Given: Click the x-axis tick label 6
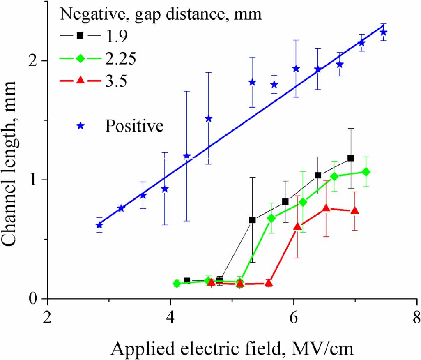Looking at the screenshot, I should click(x=294, y=317).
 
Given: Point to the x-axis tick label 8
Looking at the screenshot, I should click(x=416, y=317).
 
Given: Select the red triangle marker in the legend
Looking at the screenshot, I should click(x=81, y=81).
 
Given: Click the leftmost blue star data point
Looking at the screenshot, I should click(x=99, y=225).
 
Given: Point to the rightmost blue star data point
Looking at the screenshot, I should click(x=383, y=32).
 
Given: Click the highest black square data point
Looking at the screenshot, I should click(x=350, y=158).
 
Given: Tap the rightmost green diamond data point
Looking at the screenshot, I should click(x=366, y=172).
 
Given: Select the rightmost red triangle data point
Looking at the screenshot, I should click(x=355, y=210).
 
